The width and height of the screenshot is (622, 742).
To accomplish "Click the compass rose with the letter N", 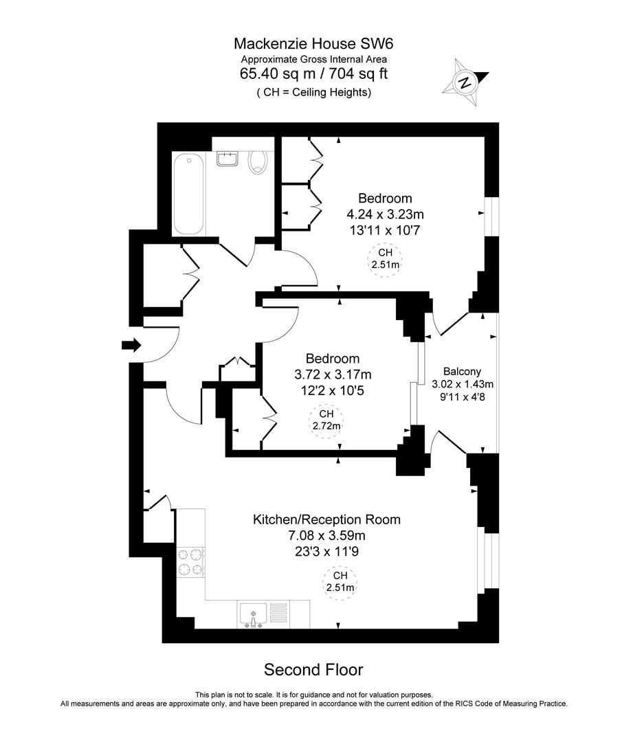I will [466, 83].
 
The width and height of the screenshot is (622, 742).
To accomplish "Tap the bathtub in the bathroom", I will [188, 194].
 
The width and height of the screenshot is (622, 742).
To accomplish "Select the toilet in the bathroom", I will [258, 162].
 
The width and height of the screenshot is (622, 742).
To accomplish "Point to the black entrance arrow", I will [131, 345].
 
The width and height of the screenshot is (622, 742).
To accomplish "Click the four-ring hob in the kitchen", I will [190, 561].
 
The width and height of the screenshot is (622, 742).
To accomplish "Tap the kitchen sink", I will [254, 614].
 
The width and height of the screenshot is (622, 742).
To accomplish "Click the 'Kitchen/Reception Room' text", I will [326, 519].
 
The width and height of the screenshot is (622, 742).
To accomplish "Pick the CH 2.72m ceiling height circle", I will [326, 420].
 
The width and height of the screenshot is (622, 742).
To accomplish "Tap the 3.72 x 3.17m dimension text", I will [332, 374].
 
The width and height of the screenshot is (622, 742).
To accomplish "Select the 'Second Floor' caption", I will [313, 669].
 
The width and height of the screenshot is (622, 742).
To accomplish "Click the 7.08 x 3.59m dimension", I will [326, 535].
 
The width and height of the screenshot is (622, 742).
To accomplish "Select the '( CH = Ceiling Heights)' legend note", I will [313, 92].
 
